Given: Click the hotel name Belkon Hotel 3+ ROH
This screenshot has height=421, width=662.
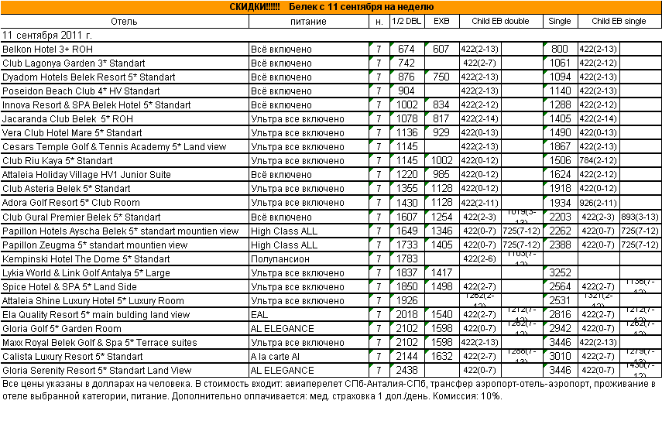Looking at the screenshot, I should (x=49, y=49).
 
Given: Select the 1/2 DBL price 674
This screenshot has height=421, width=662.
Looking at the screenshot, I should (x=406, y=49).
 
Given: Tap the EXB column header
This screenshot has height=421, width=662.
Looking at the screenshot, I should (x=441, y=21).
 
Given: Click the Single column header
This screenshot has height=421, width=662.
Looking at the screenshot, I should (x=560, y=21).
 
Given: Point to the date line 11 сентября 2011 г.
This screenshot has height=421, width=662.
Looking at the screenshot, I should (x=47, y=35).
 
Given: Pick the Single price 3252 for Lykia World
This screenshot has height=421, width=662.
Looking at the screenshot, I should (x=560, y=272).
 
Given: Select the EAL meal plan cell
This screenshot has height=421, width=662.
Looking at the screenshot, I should (x=259, y=314).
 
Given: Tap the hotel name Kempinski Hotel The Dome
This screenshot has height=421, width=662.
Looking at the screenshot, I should (x=86, y=258).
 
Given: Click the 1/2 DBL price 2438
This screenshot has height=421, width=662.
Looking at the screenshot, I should (x=406, y=370).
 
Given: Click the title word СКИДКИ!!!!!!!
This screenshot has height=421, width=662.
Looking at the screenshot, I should (x=256, y=7).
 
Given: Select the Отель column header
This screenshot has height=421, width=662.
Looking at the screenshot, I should (x=124, y=21).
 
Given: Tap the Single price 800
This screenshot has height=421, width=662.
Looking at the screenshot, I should (x=560, y=49).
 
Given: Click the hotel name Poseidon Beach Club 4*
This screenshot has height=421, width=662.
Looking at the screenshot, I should (x=81, y=91).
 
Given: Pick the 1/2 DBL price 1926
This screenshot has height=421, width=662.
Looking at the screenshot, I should (x=406, y=300).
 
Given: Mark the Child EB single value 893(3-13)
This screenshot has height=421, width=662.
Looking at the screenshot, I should (x=640, y=217).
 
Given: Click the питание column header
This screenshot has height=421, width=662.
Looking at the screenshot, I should (x=308, y=21).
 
